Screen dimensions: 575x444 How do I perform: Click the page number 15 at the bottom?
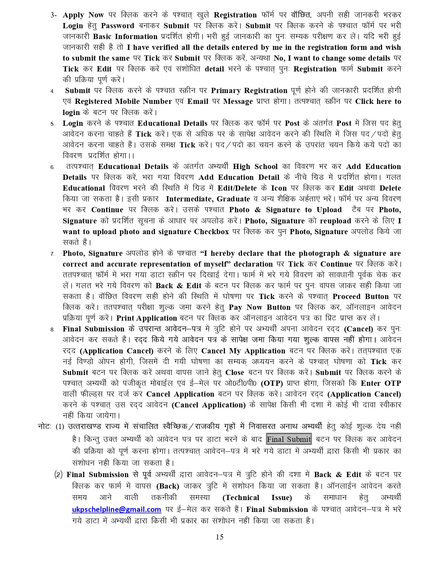point(219,537)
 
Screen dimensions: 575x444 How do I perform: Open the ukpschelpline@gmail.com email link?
point(116,509)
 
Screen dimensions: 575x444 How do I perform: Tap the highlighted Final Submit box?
point(289,439)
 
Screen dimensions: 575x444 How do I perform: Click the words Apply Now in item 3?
point(83,15)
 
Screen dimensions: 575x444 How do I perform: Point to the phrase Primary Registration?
point(249,91)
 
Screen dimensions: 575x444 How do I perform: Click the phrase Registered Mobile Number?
point(123,101)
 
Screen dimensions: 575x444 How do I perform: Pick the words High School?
point(255,167)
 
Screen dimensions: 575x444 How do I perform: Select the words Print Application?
point(147,318)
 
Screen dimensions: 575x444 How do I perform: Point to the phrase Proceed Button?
point(360,297)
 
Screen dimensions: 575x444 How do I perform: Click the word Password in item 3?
point(117,26)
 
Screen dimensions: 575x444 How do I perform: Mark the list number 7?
point(52,254)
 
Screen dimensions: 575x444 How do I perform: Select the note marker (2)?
point(59,475)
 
